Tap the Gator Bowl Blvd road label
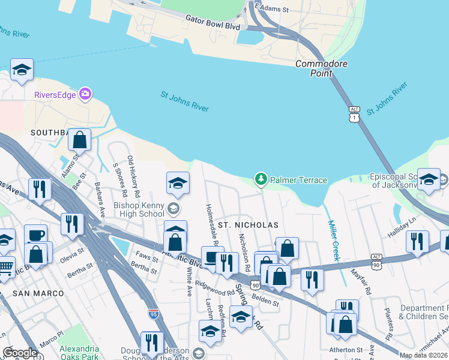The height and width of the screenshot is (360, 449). (212, 23)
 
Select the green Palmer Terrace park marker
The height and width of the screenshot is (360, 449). (261, 179)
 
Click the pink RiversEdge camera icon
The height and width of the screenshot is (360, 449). (85, 94)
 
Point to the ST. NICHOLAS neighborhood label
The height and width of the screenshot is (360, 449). (248, 225)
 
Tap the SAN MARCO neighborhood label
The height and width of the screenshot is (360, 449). (34, 293)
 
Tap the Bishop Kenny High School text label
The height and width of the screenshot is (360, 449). (139, 209)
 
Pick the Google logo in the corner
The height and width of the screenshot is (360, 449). (19, 353)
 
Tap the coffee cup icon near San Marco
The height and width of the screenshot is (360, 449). (35, 234)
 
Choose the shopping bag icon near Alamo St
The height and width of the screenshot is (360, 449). (79, 140)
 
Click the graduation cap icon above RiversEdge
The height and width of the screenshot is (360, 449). (22, 70)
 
